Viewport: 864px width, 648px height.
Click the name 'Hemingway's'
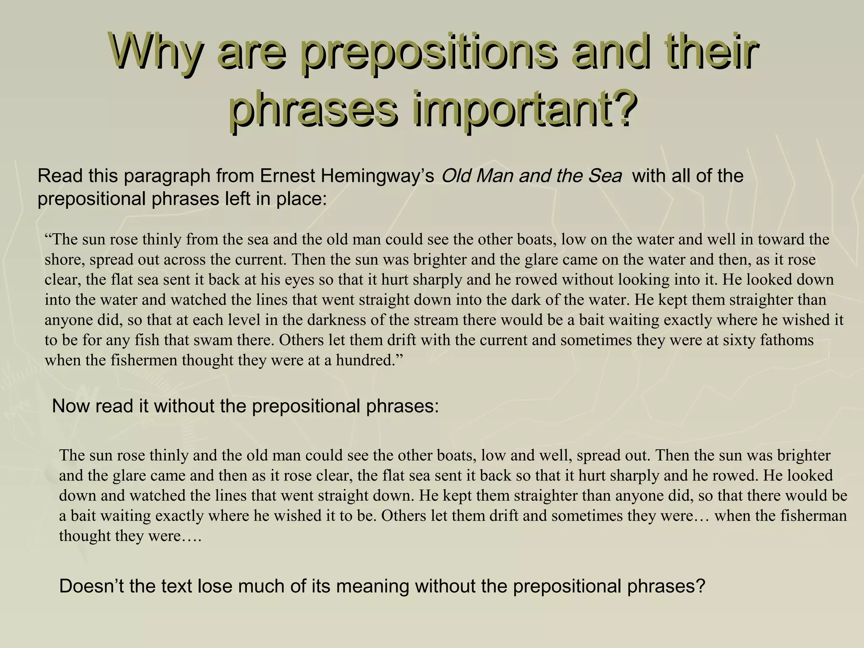[x=378, y=176]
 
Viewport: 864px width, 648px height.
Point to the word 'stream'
[x=437, y=320]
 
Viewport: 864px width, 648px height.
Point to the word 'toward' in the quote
[x=779, y=240]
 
